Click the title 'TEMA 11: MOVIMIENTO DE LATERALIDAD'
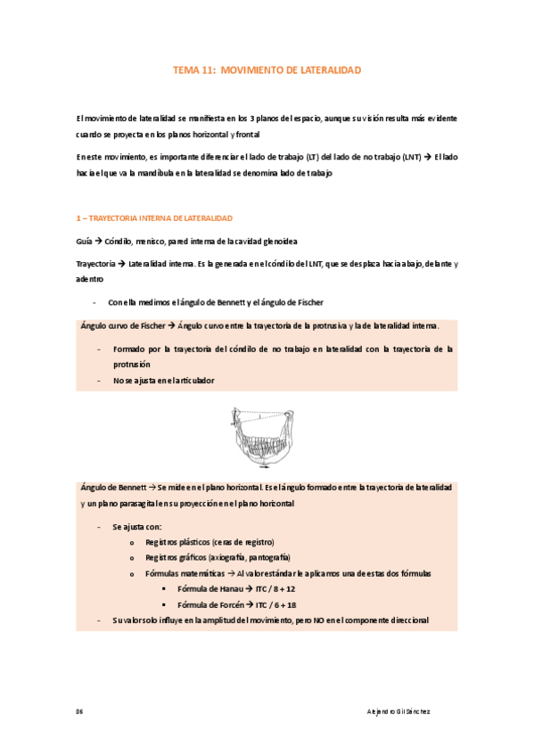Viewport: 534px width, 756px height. pos(267,70)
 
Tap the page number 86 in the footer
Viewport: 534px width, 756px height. pos(79,711)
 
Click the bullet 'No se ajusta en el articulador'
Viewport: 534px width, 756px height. pos(163,380)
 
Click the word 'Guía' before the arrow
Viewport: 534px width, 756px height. pos(86,242)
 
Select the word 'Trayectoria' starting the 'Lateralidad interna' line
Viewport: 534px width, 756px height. pos(96,263)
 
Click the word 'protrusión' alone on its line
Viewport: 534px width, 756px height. pos(131,365)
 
